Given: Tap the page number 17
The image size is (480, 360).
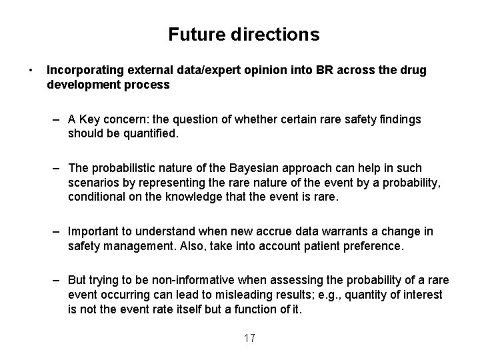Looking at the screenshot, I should click(x=249, y=338).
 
